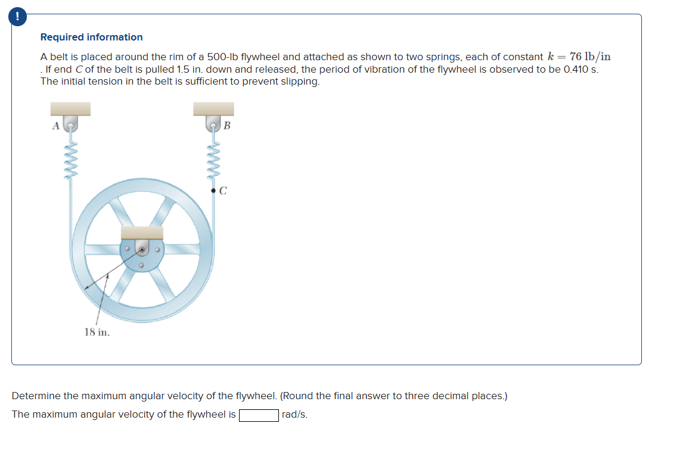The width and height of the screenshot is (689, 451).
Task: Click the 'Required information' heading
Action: (91, 37)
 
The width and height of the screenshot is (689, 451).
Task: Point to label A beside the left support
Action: (56, 125)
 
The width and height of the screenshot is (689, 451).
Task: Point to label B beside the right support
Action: (226, 125)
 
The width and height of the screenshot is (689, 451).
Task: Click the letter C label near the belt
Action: (223, 191)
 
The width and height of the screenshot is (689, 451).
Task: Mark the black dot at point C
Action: (214, 191)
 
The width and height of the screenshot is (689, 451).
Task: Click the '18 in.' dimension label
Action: (97, 332)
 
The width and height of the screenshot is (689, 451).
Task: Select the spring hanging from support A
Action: (71, 160)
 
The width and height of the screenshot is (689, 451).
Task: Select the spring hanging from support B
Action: (213, 160)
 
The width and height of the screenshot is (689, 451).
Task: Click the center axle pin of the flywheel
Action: (142, 250)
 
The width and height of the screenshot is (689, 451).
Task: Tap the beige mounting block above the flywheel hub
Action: (142, 232)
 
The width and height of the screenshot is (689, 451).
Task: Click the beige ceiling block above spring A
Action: (70, 108)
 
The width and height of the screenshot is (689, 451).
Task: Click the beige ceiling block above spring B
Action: (213, 108)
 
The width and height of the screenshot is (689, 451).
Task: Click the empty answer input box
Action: (259, 415)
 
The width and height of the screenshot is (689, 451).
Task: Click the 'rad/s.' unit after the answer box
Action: (294, 415)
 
